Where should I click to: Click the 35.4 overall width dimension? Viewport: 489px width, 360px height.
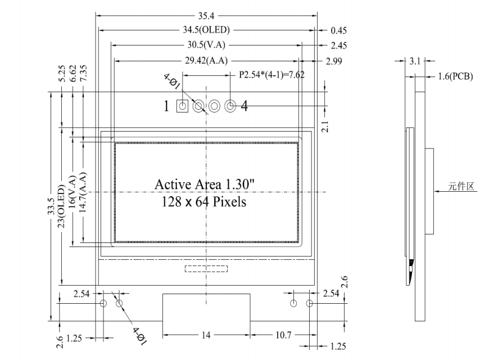pos(206,15)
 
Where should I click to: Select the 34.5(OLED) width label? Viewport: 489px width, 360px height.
pos(206,30)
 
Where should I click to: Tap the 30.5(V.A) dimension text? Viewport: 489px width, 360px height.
pos(206,45)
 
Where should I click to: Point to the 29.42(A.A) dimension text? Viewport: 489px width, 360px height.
pos(206,61)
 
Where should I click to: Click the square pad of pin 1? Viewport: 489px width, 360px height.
pos(183,106)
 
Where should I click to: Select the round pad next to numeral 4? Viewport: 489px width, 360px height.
pos(230,106)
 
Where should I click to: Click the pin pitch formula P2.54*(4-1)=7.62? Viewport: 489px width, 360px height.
pos(271,75)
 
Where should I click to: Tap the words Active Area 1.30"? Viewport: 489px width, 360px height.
pos(205,184)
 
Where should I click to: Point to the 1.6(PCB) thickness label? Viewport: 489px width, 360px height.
pos(455,76)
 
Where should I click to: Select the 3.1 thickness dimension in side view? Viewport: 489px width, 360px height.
pos(415,61)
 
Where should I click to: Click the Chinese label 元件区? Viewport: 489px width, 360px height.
pos(461,186)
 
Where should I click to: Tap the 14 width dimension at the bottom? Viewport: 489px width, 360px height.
pos(206,335)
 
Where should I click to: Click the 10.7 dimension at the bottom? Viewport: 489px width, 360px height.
pos(283,335)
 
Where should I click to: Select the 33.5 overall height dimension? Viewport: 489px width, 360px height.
pos(51,206)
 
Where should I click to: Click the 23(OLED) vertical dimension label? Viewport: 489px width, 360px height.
pos(61,206)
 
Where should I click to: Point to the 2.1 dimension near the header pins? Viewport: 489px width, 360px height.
pos(325,127)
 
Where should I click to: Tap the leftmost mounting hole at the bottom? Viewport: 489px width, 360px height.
pos(103,303)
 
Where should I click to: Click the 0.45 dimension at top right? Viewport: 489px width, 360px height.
pos(339,30)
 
